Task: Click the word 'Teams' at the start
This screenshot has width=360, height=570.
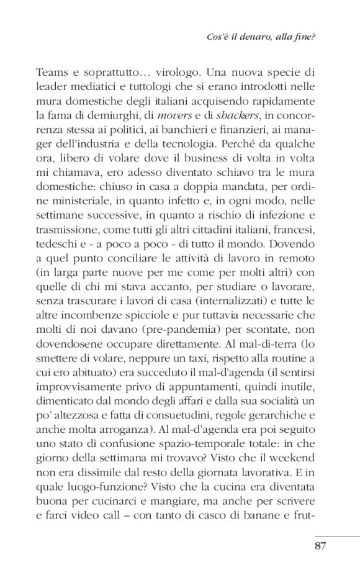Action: tap(53, 74)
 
